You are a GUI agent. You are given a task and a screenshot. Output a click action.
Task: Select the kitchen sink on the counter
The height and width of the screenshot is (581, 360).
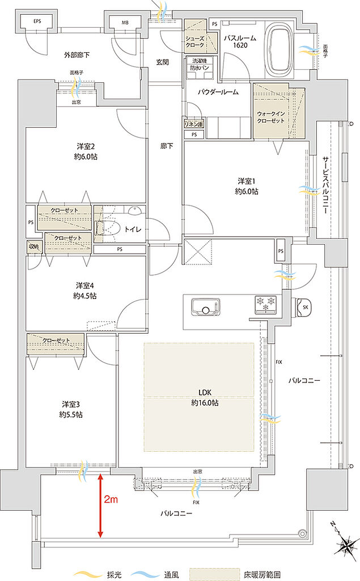tap(205, 307)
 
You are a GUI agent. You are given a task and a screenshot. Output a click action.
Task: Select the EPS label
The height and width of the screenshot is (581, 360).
tap(37, 22)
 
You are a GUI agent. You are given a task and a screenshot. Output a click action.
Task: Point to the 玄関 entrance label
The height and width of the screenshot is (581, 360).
tap(162, 62)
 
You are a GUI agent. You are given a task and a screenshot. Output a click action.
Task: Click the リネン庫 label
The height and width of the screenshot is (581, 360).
tap(193, 123)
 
